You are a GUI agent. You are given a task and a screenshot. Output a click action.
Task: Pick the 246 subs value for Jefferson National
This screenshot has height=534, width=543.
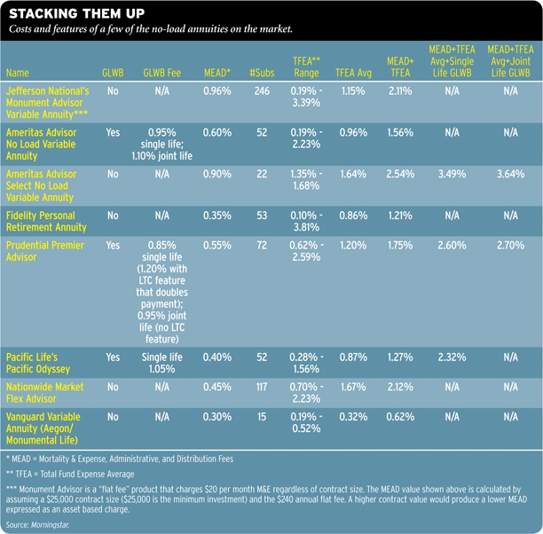click(260, 90)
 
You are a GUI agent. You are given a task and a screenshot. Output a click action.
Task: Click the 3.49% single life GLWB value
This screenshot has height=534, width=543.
click(452, 174)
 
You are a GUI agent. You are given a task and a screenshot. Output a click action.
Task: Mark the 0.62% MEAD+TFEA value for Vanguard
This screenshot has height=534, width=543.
click(399, 415)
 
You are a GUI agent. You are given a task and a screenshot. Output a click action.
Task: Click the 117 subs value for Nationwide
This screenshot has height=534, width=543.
click(260, 387)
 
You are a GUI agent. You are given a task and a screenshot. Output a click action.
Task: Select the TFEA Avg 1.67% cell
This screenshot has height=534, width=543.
click(353, 387)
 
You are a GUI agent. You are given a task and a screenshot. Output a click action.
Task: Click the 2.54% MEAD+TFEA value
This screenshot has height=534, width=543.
click(399, 174)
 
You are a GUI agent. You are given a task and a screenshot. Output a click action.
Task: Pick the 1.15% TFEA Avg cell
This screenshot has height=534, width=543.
click(353, 90)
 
